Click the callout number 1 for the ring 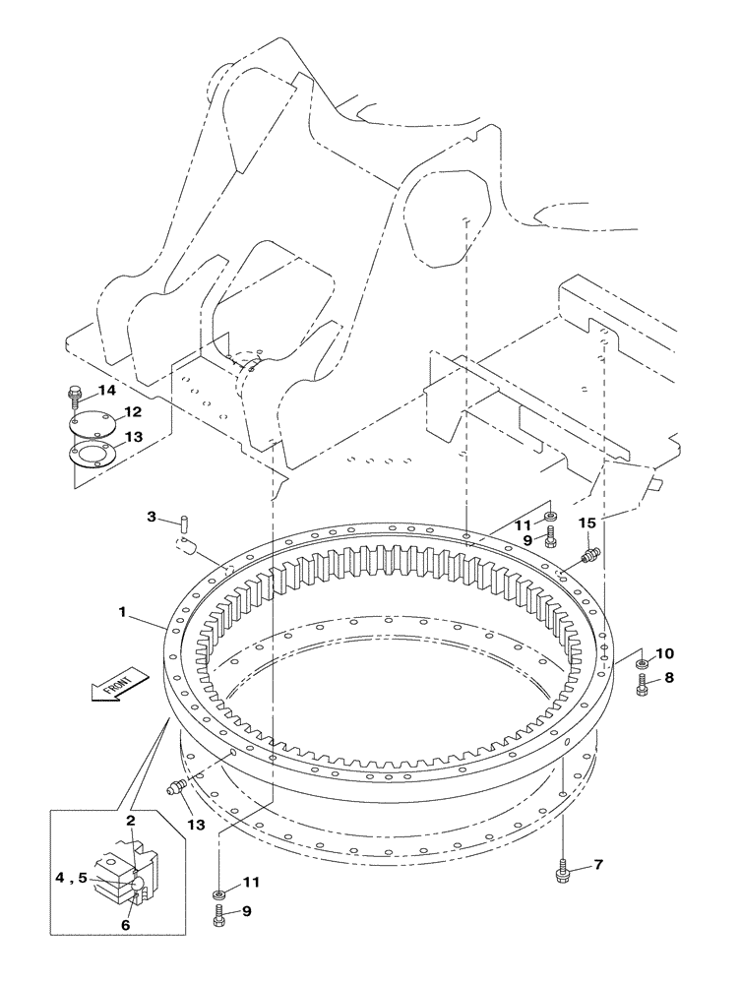pyautogui.click(x=122, y=612)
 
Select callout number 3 pyautogui.click(x=153, y=517)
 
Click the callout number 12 pyautogui.click(x=132, y=412)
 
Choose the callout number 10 pyautogui.click(x=664, y=653)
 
